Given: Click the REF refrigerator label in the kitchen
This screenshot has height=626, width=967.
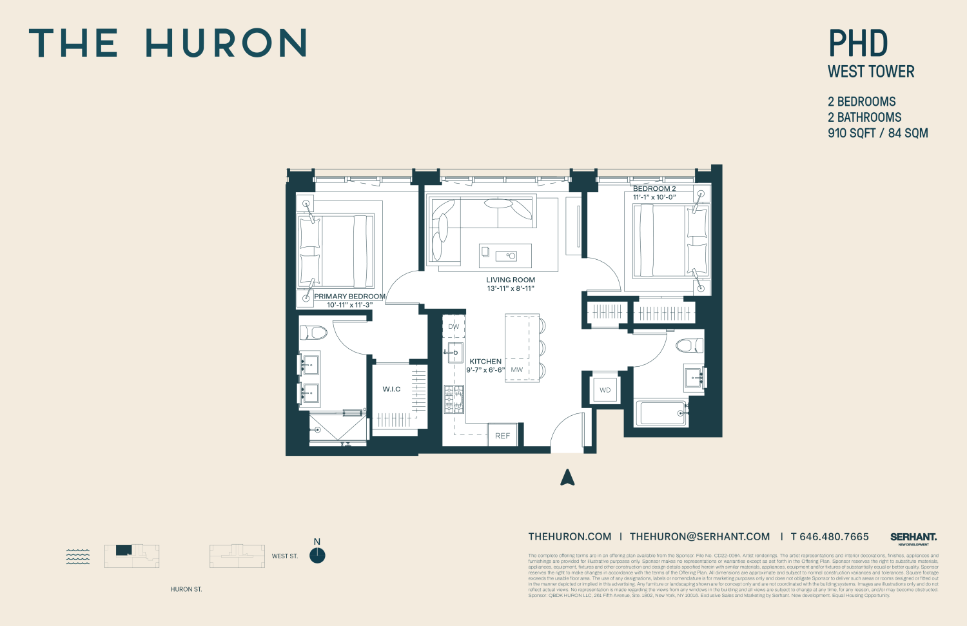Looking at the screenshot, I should click(x=502, y=436).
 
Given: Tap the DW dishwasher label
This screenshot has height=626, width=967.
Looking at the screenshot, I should click(x=454, y=327).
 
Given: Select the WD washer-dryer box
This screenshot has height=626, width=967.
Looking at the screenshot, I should click(x=605, y=390).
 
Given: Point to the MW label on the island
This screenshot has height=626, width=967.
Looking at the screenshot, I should click(x=517, y=370).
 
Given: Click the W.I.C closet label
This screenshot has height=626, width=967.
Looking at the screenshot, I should click(x=391, y=389).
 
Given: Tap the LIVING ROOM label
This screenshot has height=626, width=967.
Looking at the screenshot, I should click(x=511, y=280).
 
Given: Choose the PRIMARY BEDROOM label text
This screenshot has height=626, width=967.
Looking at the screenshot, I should click(x=349, y=297).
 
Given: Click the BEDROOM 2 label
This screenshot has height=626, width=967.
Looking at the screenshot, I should click(x=654, y=189).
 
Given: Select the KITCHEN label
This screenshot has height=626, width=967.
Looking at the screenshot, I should click(x=485, y=362).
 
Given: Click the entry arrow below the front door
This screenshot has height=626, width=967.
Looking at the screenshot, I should click(x=567, y=477).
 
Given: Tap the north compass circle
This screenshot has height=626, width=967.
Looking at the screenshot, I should click(x=317, y=556).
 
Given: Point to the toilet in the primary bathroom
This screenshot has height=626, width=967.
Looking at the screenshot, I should click(x=313, y=333).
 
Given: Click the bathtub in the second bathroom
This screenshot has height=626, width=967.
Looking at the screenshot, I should click(x=661, y=413).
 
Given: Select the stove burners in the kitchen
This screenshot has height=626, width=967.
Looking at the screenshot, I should click(x=454, y=399).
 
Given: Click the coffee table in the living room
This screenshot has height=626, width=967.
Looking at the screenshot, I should click(x=505, y=256).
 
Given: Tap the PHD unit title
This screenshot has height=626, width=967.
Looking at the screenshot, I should click(x=858, y=44).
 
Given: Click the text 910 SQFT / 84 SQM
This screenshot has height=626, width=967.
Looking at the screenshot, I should click(x=877, y=133).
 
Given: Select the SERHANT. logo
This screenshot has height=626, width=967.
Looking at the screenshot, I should click(x=913, y=537).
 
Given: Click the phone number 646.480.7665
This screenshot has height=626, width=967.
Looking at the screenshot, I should click(x=834, y=537).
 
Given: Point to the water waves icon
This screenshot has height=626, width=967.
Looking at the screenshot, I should click(x=78, y=556).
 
